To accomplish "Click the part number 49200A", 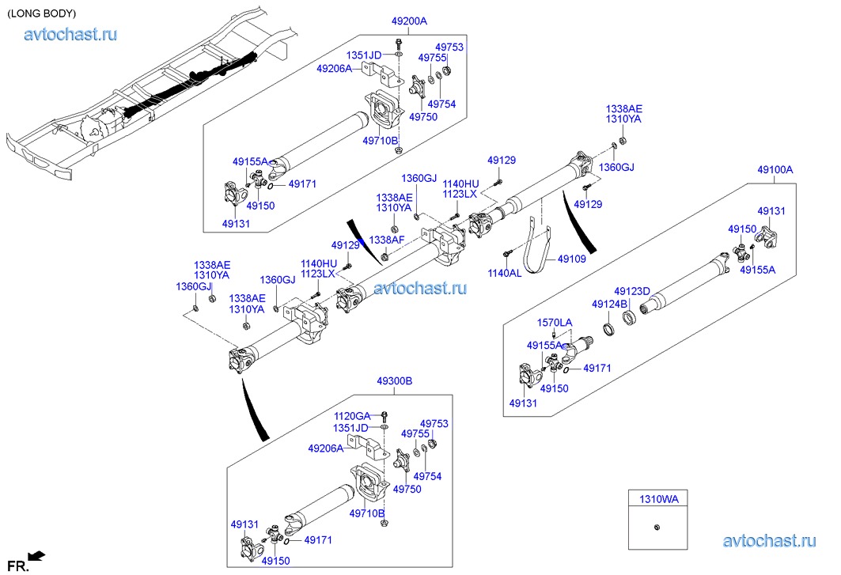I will (409, 21).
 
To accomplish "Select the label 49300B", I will (394, 381).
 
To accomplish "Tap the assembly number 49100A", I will (775, 169).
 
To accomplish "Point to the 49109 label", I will (572, 258).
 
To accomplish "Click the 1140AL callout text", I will (504, 273).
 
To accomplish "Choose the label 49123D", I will (632, 291).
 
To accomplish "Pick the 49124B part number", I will (609, 304).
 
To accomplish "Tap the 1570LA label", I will (555, 323).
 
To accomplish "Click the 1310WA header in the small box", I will (658, 498).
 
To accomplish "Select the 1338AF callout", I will (386, 240).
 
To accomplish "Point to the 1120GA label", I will (351, 416).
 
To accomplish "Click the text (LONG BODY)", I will (41, 13).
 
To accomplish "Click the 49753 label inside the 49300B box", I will (434, 424).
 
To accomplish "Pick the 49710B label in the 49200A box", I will (380, 140).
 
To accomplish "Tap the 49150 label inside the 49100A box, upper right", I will (742, 229).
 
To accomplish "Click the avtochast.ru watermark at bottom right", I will (768, 542).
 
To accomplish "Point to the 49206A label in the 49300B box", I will (326, 448).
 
